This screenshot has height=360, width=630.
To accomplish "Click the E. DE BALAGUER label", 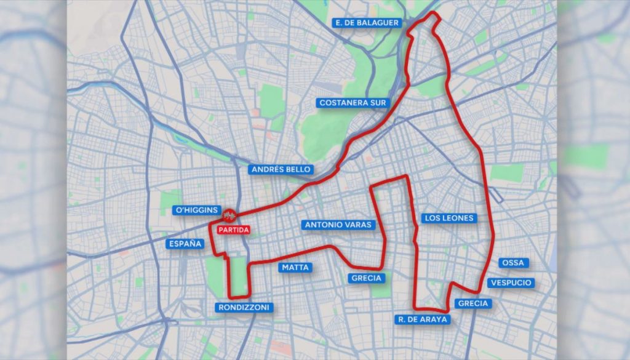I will click(367, 23).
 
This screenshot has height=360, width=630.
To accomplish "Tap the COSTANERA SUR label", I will click(352, 103).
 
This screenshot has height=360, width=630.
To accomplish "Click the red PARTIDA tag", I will click(233, 230).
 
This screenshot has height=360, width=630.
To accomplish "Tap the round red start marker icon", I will click(230, 215).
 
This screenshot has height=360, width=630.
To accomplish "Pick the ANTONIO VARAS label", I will click(338, 225).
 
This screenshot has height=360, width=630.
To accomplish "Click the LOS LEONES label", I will click(449, 218).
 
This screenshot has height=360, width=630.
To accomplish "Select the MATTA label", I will click(295, 268).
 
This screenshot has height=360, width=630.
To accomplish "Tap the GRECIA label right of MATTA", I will click(367, 278).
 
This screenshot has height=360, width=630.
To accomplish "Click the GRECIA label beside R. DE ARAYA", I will click(473, 303).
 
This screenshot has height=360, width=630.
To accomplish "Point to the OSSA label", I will click(513, 263).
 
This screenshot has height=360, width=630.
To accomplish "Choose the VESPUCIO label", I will click(510, 283).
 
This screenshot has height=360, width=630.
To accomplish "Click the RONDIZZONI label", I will click(244, 307).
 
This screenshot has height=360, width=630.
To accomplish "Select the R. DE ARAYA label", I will click(423, 319).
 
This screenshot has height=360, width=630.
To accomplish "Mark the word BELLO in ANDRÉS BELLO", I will click(298, 169).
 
